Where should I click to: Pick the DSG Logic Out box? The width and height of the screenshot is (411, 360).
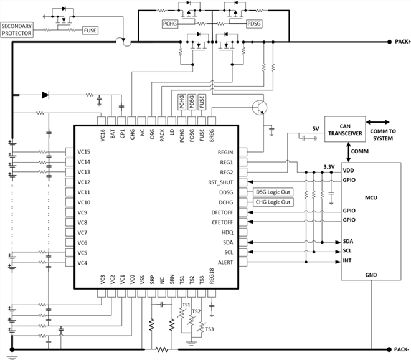273,192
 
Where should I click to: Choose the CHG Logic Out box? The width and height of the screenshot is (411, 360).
273,202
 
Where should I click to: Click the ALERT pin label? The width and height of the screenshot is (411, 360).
225,263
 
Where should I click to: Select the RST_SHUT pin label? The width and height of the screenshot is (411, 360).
220,182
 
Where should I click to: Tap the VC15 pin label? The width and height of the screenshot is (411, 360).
85,152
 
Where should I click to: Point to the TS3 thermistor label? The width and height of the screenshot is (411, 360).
209,329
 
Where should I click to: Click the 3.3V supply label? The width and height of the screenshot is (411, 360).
329,166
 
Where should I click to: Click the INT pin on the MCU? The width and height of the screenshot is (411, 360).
347,261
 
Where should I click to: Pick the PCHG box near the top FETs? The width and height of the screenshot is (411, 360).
171,24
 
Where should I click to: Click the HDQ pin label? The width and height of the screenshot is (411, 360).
227,232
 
